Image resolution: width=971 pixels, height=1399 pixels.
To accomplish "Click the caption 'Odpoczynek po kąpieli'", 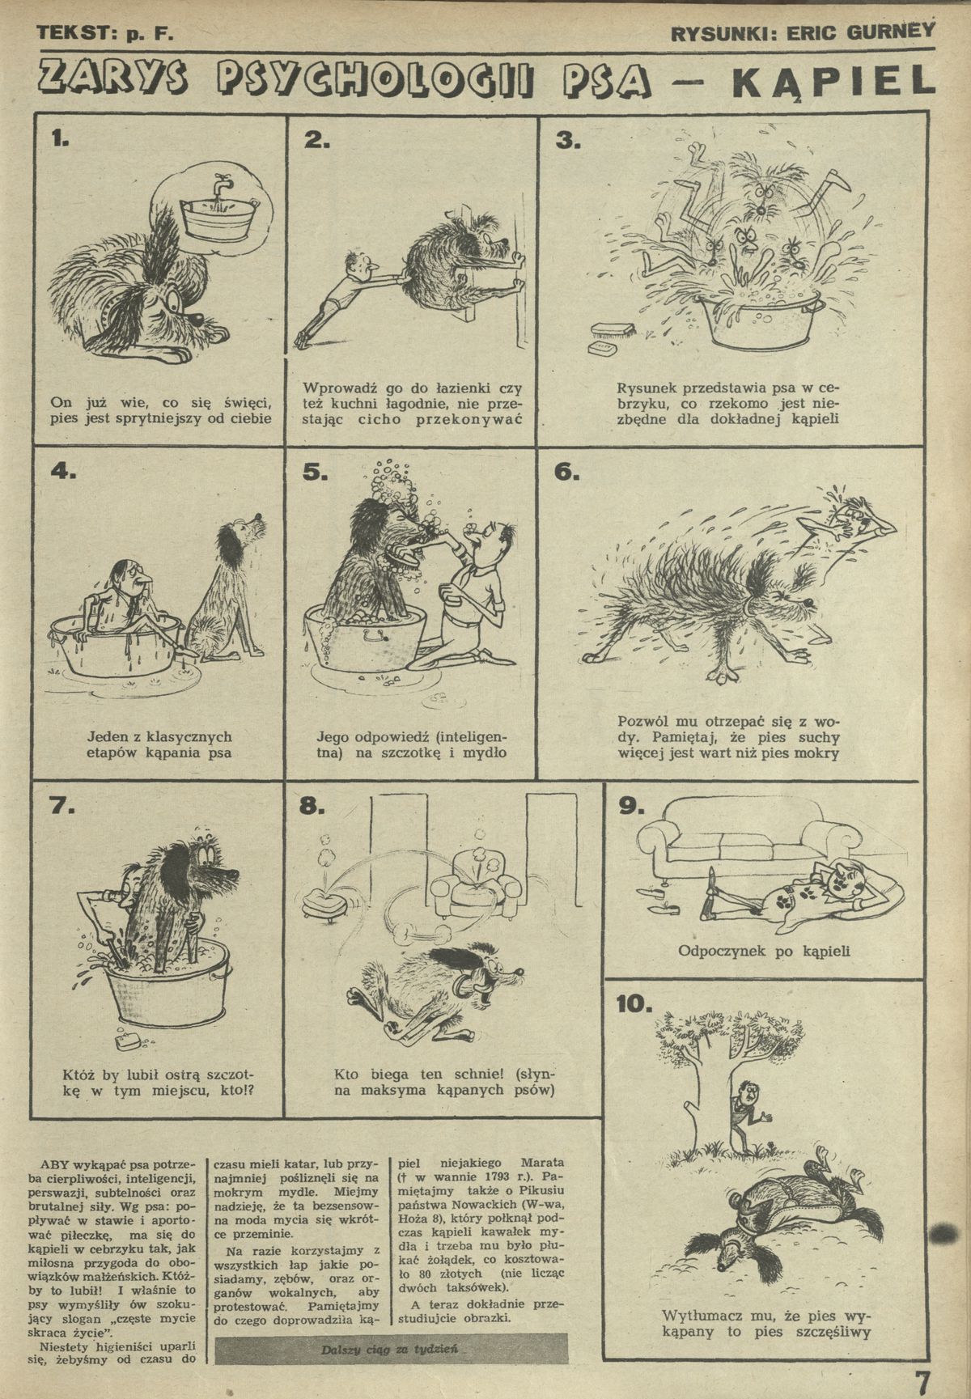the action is tap(764, 951).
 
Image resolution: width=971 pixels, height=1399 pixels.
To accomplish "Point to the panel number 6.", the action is tap(566, 473).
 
